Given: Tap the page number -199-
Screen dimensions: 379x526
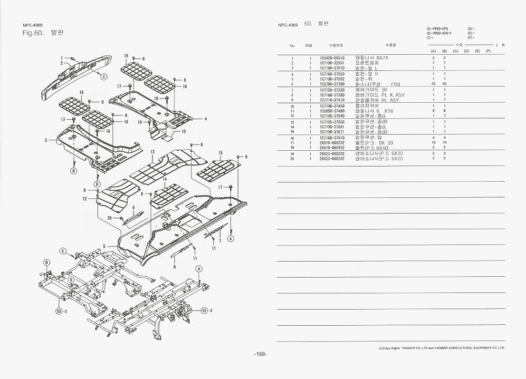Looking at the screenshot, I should coord(260,354).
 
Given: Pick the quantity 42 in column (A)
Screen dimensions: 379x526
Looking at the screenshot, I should coord(433,84).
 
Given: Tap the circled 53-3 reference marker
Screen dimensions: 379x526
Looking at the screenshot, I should coord(206,310).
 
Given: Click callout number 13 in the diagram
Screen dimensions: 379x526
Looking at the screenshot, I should coord(152,152).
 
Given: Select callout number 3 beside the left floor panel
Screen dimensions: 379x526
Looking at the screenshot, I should coord(46,140).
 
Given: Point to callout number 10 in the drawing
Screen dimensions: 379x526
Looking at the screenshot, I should coord(183,131).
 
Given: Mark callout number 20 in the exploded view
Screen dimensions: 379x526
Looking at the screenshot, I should coord(109,218).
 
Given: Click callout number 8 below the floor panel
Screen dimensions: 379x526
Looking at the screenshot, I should coord(174,267).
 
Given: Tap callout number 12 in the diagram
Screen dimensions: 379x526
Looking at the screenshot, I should coord(84,199).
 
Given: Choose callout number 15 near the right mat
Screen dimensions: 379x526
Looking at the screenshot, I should coord(220,153).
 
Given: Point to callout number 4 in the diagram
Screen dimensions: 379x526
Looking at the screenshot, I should coord(205,119).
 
